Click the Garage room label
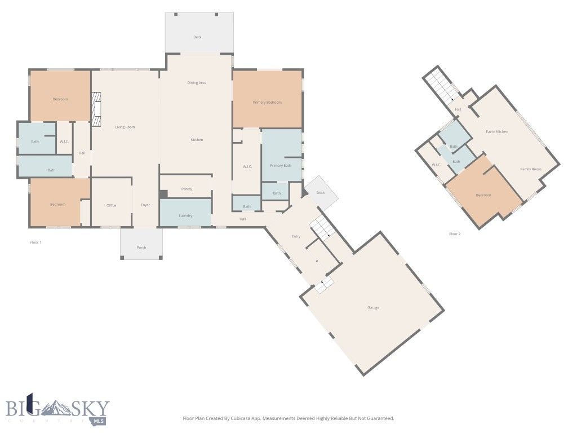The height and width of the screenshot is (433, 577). click(x=373, y=307)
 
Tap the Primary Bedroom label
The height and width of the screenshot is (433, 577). click(x=267, y=102)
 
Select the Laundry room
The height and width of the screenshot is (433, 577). click(x=185, y=212)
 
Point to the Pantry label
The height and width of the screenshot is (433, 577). click(x=187, y=189)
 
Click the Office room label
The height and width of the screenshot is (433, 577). click(x=111, y=205)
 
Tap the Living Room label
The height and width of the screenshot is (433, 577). click(x=125, y=127)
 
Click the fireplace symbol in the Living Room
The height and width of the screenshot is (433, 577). click(x=96, y=109)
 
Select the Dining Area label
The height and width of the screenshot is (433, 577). click(x=197, y=83)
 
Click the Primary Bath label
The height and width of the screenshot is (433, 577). click(x=281, y=165)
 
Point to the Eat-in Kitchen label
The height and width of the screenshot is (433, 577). click(x=497, y=131)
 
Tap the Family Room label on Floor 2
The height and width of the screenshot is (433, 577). click(x=531, y=169)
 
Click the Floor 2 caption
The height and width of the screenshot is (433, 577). click(x=455, y=234)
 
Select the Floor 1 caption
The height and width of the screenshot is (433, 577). click(x=35, y=242)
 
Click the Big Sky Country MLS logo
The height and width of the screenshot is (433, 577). click(x=58, y=409)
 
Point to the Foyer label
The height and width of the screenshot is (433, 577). click(x=145, y=205)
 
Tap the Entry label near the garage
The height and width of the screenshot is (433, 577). click(x=296, y=236)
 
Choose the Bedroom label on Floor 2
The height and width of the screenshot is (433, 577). click(x=483, y=195)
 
